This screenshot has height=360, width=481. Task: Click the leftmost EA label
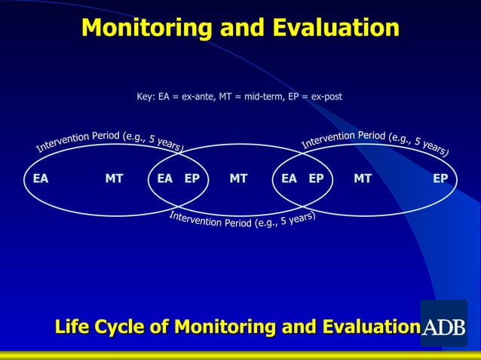click(41, 178)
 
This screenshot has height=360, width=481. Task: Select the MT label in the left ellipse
click(115, 178)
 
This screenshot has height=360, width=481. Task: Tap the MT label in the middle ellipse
click(238, 178)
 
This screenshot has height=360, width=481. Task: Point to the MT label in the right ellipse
click(363, 178)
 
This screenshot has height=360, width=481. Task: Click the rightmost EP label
click(440, 178)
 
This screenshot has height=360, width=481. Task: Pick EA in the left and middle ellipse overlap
click(165, 178)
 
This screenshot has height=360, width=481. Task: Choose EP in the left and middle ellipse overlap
click(192, 178)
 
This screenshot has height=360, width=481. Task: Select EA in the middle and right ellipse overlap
click(289, 178)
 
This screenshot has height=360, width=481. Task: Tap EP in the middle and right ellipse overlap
click(316, 178)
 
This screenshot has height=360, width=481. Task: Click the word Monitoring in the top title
click(144, 28)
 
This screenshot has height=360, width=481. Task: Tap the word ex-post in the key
click(325, 96)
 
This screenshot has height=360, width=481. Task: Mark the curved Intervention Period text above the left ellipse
click(109, 139)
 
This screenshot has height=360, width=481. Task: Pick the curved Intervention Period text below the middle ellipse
click(241, 221)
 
